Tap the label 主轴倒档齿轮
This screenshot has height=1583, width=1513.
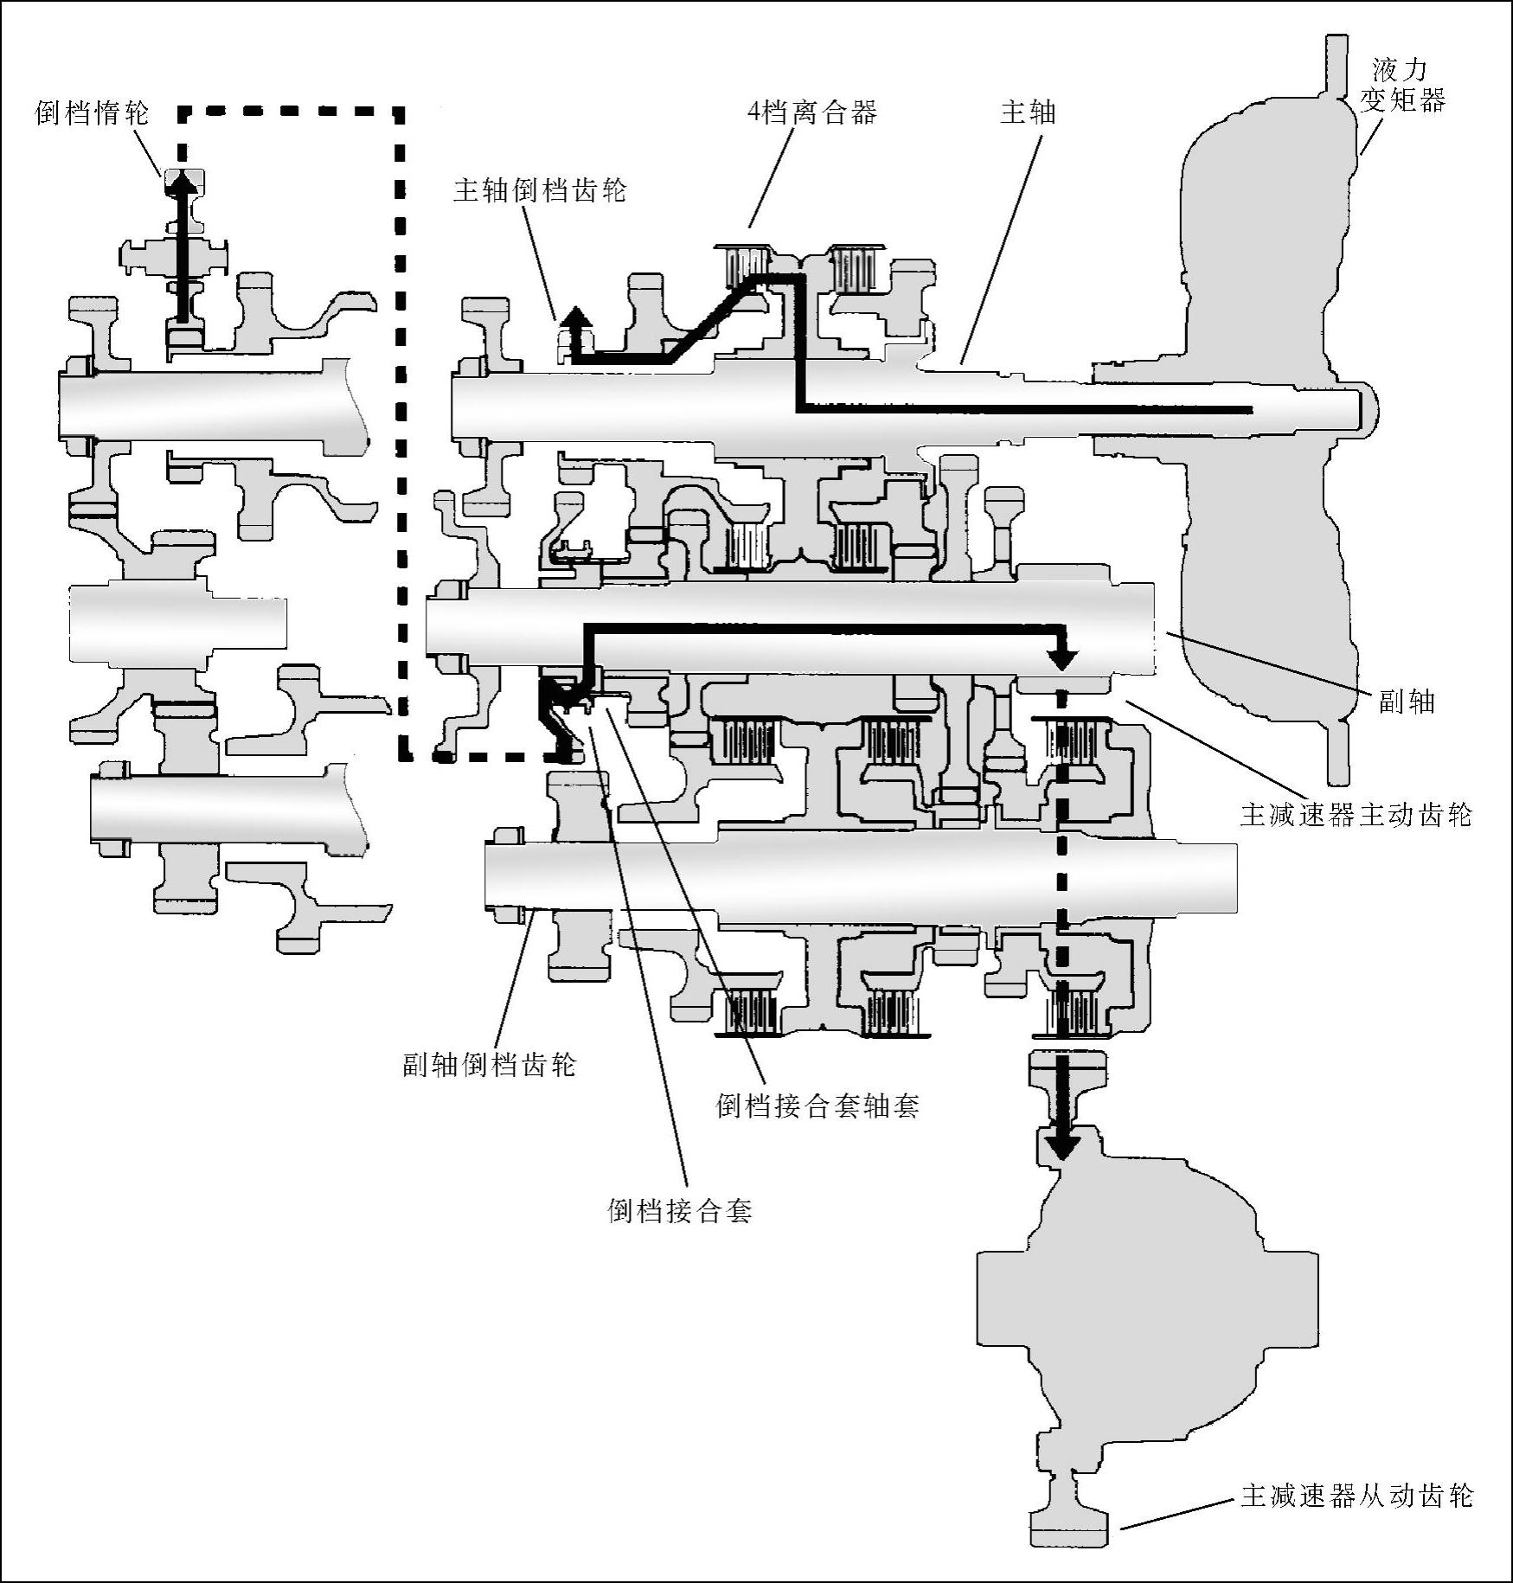540,190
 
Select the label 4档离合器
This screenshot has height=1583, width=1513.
812,112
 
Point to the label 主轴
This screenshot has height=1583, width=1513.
1028,112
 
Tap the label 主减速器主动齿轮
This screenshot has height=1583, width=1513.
1356,815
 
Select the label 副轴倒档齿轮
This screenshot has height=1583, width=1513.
490,1064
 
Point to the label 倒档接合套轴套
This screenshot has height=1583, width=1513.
817,1106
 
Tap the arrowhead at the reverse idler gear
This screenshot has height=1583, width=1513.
182,180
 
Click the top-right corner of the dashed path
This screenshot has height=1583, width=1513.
399,111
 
